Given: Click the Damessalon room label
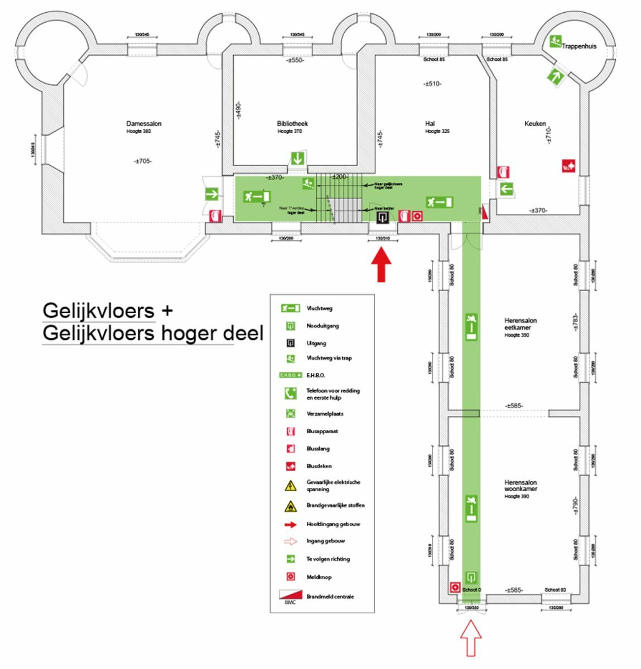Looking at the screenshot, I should pyautogui.click(x=143, y=124).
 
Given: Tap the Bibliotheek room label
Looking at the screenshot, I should pyautogui.click(x=292, y=124).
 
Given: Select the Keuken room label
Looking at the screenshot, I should pyautogui.click(x=535, y=124).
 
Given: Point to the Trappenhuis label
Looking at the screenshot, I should pyautogui.click(x=579, y=46).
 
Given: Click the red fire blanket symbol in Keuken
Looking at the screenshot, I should pyautogui.click(x=568, y=166).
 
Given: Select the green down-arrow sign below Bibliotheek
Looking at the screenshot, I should pyautogui.click(x=298, y=158).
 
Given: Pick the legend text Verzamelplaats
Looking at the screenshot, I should pyautogui.click(x=325, y=414).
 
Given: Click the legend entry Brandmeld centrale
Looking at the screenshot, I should pyautogui.click(x=330, y=597).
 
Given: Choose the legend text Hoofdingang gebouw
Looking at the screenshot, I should pyautogui.click(x=333, y=524).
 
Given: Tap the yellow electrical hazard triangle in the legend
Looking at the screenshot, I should pyautogui.click(x=291, y=486).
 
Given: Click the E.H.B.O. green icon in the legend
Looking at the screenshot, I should pyautogui.click(x=290, y=375).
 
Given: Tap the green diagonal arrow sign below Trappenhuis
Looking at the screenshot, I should pyautogui.click(x=555, y=75).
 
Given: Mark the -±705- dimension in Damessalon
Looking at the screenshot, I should pyautogui.click(x=143, y=161).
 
